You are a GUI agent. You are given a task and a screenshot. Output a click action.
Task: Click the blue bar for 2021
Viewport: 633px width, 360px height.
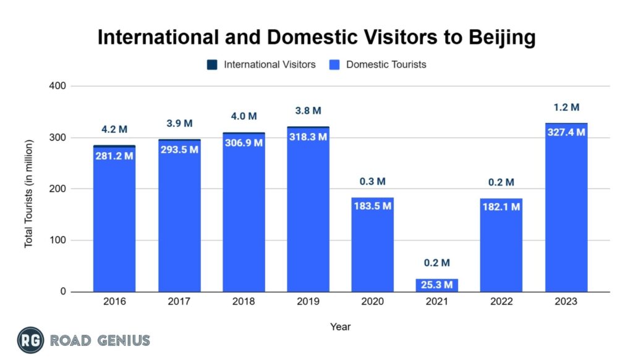pyautogui.click(x=437, y=285)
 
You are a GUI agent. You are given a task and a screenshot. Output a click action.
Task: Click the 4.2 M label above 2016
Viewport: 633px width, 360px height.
pyautogui.click(x=114, y=130)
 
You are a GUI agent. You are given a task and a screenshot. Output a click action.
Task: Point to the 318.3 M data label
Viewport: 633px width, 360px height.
pyautogui.click(x=308, y=137)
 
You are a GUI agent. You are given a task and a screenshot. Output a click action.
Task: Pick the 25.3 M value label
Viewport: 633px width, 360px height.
pyautogui.click(x=437, y=285)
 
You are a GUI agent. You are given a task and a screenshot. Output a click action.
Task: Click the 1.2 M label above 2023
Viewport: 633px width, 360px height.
pyautogui.click(x=566, y=108)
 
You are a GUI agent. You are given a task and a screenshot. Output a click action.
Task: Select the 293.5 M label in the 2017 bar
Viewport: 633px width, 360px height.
pyautogui.click(x=179, y=150)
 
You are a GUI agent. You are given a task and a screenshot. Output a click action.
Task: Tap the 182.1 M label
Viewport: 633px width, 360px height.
pyautogui.click(x=501, y=207)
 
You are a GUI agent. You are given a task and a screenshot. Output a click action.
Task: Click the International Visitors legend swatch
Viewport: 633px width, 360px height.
pyautogui.click(x=211, y=64)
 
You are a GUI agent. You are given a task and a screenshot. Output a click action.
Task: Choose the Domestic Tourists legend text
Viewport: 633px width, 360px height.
pyautogui.click(x=386, y=64)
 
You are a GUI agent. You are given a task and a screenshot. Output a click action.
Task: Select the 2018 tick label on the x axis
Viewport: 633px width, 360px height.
pyautogui.click(x=244, y=302)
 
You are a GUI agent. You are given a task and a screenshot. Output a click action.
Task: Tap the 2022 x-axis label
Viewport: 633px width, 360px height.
pyautogui.click(x=501, y=302)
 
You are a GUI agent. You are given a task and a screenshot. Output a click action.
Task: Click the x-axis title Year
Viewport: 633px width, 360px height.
pyautogui.click(x=340, y=326)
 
